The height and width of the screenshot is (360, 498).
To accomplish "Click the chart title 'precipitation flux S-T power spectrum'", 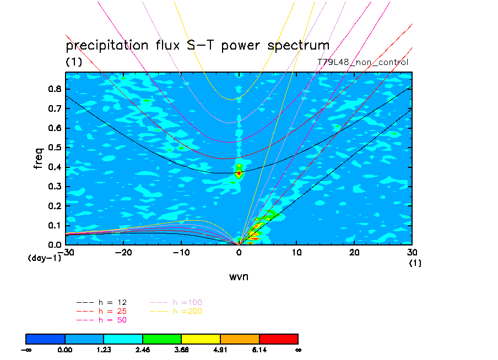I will click(x=197, y=45).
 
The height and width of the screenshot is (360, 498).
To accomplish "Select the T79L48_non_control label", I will click(x=363, y=62).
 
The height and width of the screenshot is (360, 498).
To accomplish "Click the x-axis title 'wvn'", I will click(x=239, y=276).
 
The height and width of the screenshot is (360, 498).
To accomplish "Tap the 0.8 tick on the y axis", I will click(x=55, y=89).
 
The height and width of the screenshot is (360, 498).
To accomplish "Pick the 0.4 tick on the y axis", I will click(x=55, y=167).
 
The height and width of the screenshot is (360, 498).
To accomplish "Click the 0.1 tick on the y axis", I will click(x=55, y=226).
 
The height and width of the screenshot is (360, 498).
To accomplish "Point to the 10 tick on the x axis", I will click(x=296, y=252).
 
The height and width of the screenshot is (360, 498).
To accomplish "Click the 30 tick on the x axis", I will click(x=412, y=252).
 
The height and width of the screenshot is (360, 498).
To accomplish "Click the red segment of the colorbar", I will click(x=278, y=338).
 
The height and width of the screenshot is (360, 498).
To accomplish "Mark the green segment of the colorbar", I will click(x=162, y=338).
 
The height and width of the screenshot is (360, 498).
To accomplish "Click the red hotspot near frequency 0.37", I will click(x=239, y=174).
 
